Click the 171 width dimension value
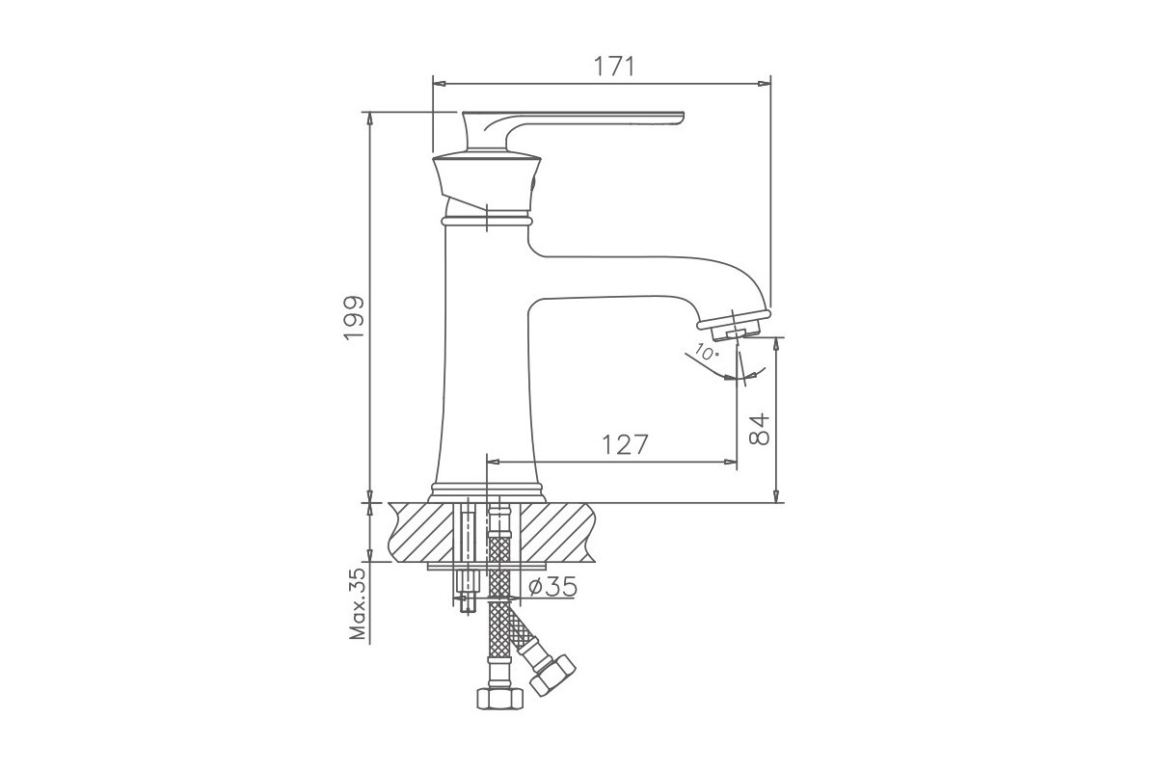tap(613, 66)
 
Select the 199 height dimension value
tap(355, 318)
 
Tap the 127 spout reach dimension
tap(625, 444)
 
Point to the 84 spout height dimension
tap(759, 429)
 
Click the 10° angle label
tap(707, 352)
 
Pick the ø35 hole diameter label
tap(552, 587)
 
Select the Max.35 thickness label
tap(358, 603)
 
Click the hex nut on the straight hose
tap(499, 698)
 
